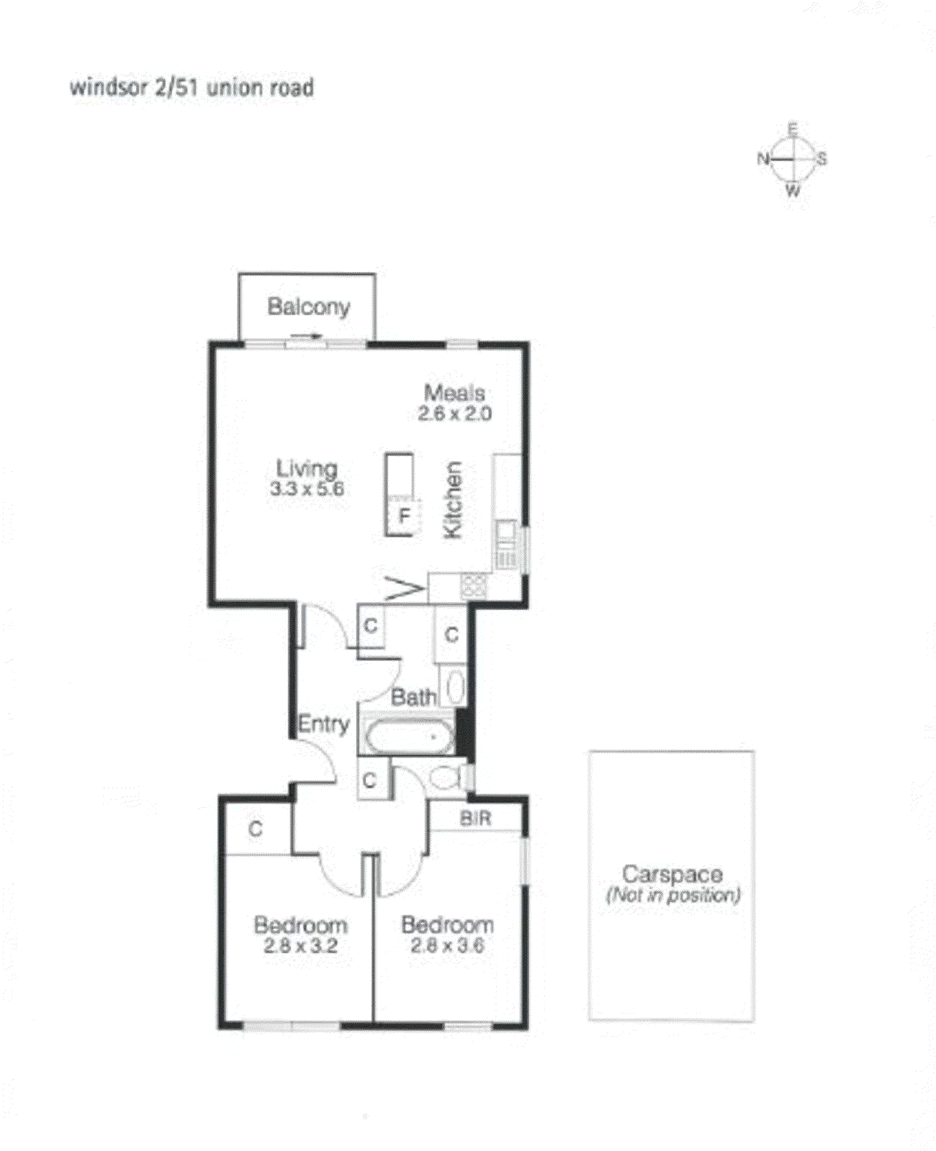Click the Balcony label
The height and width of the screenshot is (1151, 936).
[x=308, y=306]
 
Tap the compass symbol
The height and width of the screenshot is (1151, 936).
[x=792, y=160]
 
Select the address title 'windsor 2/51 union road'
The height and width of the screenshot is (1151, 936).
[x=192, y=88]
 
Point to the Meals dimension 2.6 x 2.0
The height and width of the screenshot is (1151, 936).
[x=455, y=414]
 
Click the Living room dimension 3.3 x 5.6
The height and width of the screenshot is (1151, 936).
[x=307, y=489]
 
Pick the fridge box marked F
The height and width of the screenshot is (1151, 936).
[x=404, y=516]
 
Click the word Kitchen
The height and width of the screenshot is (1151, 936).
[x=452, y=499]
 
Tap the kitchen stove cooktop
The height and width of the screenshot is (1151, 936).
[x=473, y=586]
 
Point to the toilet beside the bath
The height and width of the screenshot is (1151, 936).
[x=444, y=778]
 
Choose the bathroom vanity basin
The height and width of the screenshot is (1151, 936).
[x=454, y=687]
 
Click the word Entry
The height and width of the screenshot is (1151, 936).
[x=323, y=724]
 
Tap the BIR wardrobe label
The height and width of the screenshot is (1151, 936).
[x=475, y=818]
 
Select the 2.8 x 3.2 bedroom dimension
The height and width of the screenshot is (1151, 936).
[x=300, y=946]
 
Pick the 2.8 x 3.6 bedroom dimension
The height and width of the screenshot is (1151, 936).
[x=447, y=946]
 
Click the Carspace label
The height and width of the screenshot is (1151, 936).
[x=672, y=874]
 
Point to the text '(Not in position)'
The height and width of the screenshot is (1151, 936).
[x=673, y=896]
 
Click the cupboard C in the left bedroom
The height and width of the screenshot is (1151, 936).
[x=255, y=829]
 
